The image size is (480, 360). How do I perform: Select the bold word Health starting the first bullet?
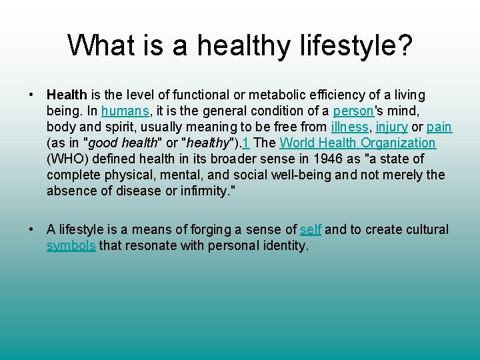[67, 95]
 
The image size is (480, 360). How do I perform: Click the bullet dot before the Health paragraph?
[32, 95]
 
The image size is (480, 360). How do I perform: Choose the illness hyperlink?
[349, 127]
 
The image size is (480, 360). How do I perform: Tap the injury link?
[391, 127]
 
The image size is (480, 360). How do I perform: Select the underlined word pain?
[439, 127]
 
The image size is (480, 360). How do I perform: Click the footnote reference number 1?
[246, 143]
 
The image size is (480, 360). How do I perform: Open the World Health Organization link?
[357, 143]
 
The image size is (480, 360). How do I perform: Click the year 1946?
[311, 159]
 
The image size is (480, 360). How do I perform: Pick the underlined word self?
[311, 230]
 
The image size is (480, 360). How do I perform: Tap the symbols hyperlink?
[71, 246]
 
